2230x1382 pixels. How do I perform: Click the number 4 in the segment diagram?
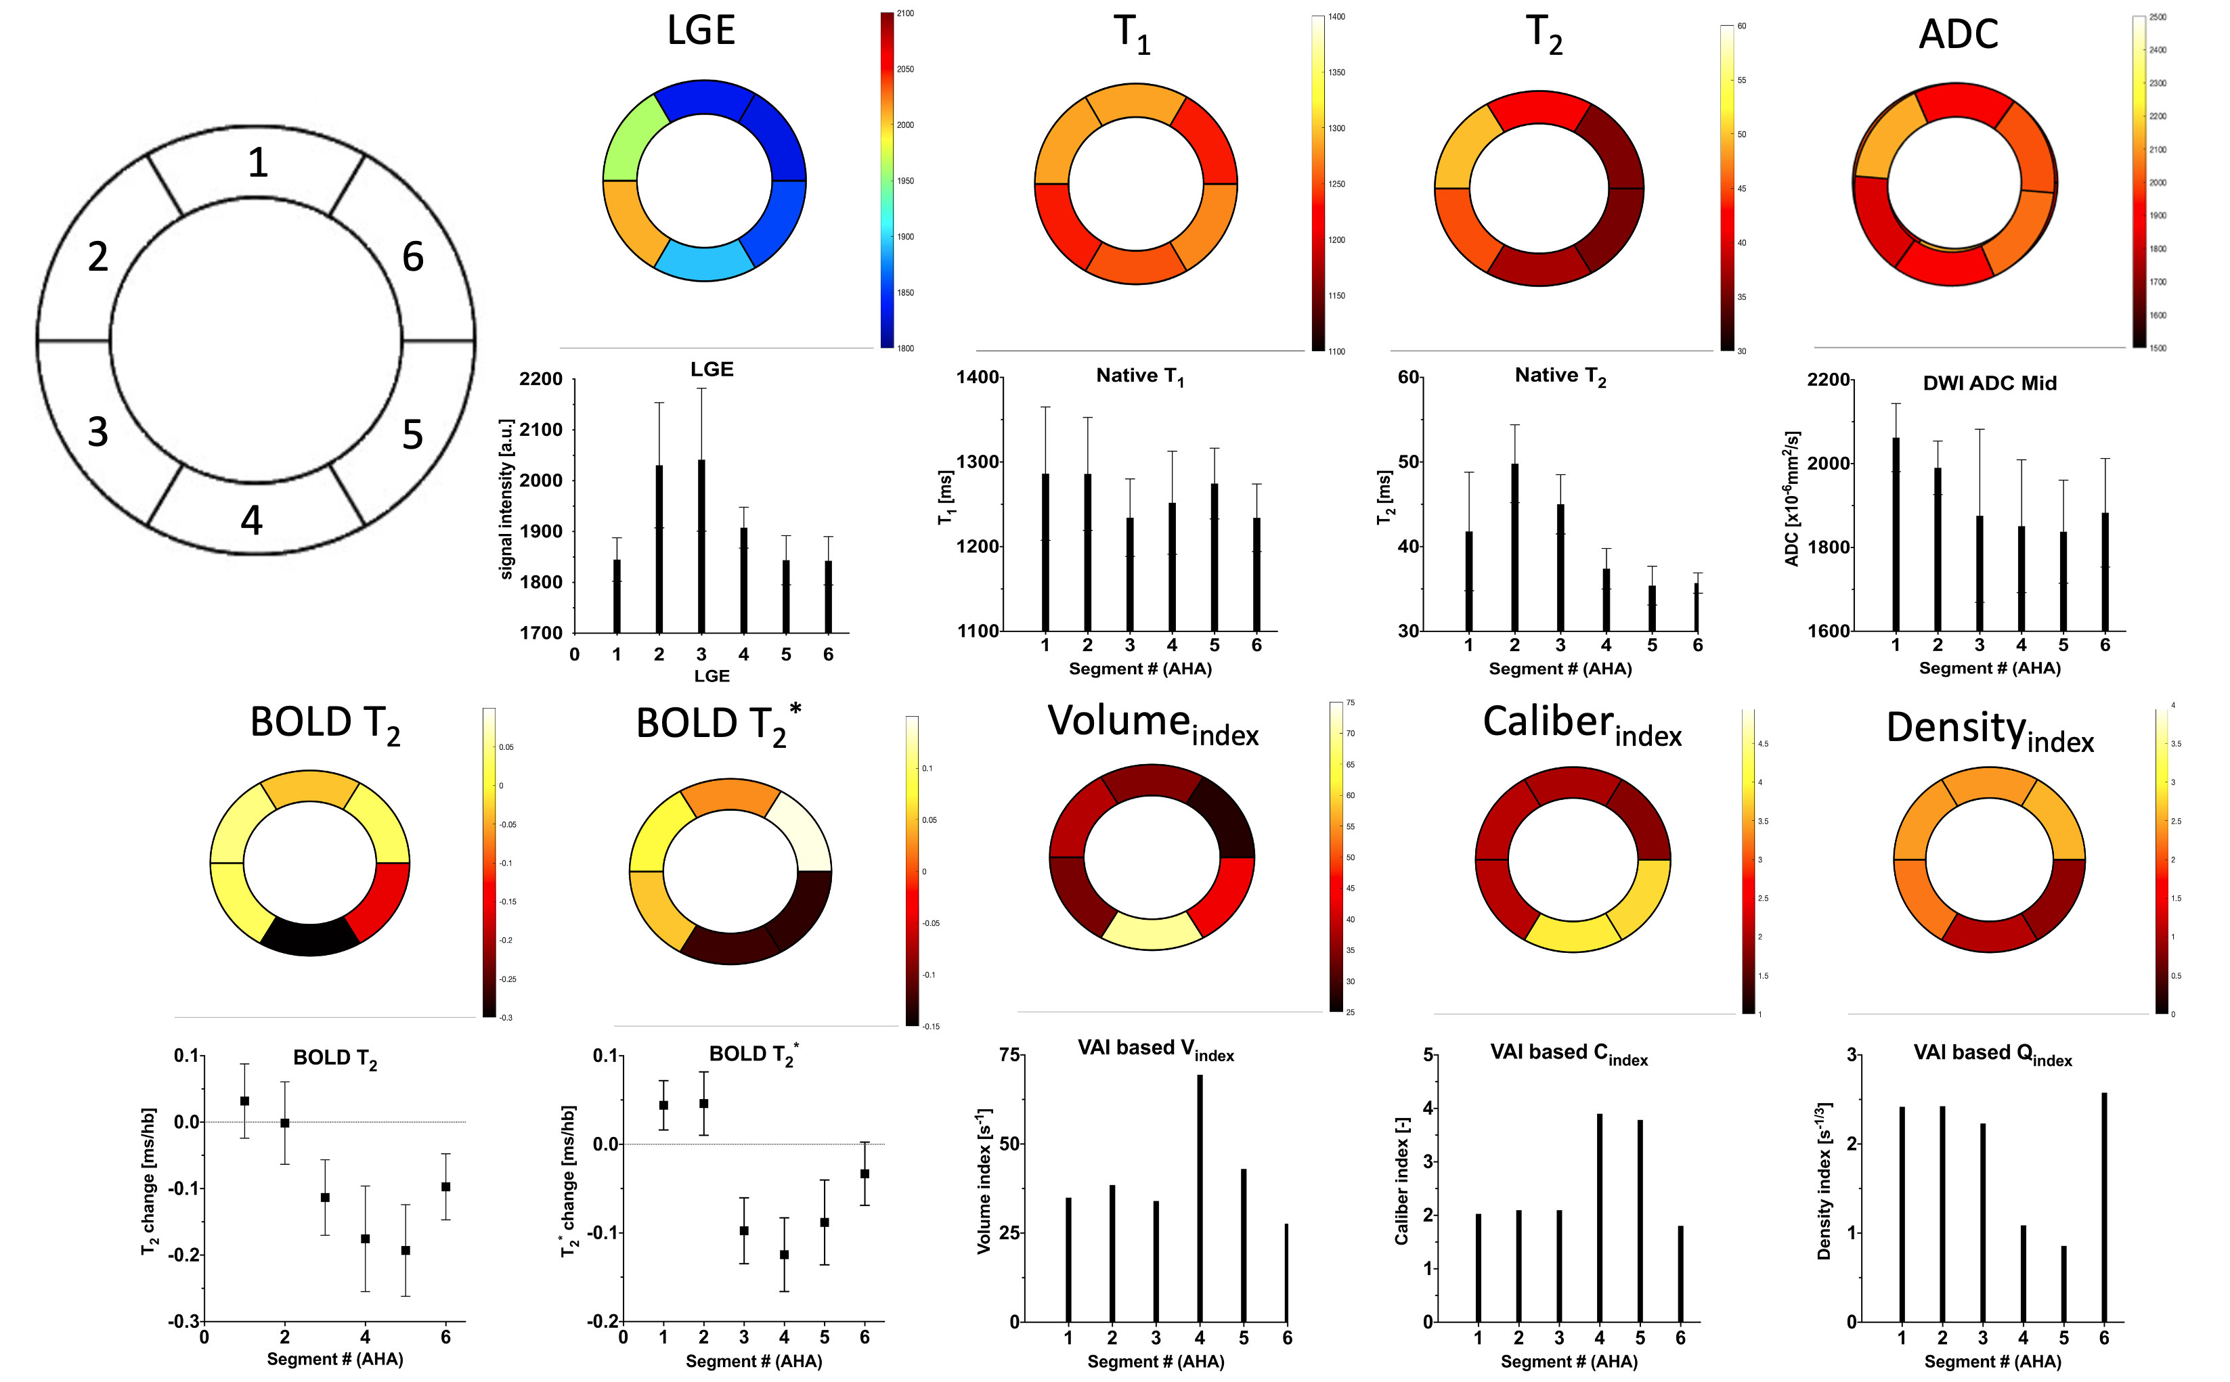tap(251, 520)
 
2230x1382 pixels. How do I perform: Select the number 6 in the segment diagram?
tap(413, 257)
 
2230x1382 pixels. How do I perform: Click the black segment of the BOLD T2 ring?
tap(310, 937)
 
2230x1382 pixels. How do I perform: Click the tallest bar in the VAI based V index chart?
tap(1200, 1197)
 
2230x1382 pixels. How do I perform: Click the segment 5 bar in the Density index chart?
tap(2063, 1283)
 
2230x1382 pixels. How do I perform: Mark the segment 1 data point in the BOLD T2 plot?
tap(244, 1101)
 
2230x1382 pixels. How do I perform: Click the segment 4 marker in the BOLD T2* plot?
tap(783, 1255)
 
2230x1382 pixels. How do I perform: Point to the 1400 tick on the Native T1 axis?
tap(978, 378)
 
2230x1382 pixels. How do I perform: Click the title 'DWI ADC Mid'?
tap(1990, 384)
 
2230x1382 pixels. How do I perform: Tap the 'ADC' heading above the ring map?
tap(1958, 35)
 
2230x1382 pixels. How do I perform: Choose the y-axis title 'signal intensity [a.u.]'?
tap(506, 499)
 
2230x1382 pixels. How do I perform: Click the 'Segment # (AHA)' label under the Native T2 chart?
tap(1560, 668)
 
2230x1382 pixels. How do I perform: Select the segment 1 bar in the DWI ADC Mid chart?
tap(1896, 534)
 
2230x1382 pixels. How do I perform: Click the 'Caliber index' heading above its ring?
tap(1581, 725)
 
